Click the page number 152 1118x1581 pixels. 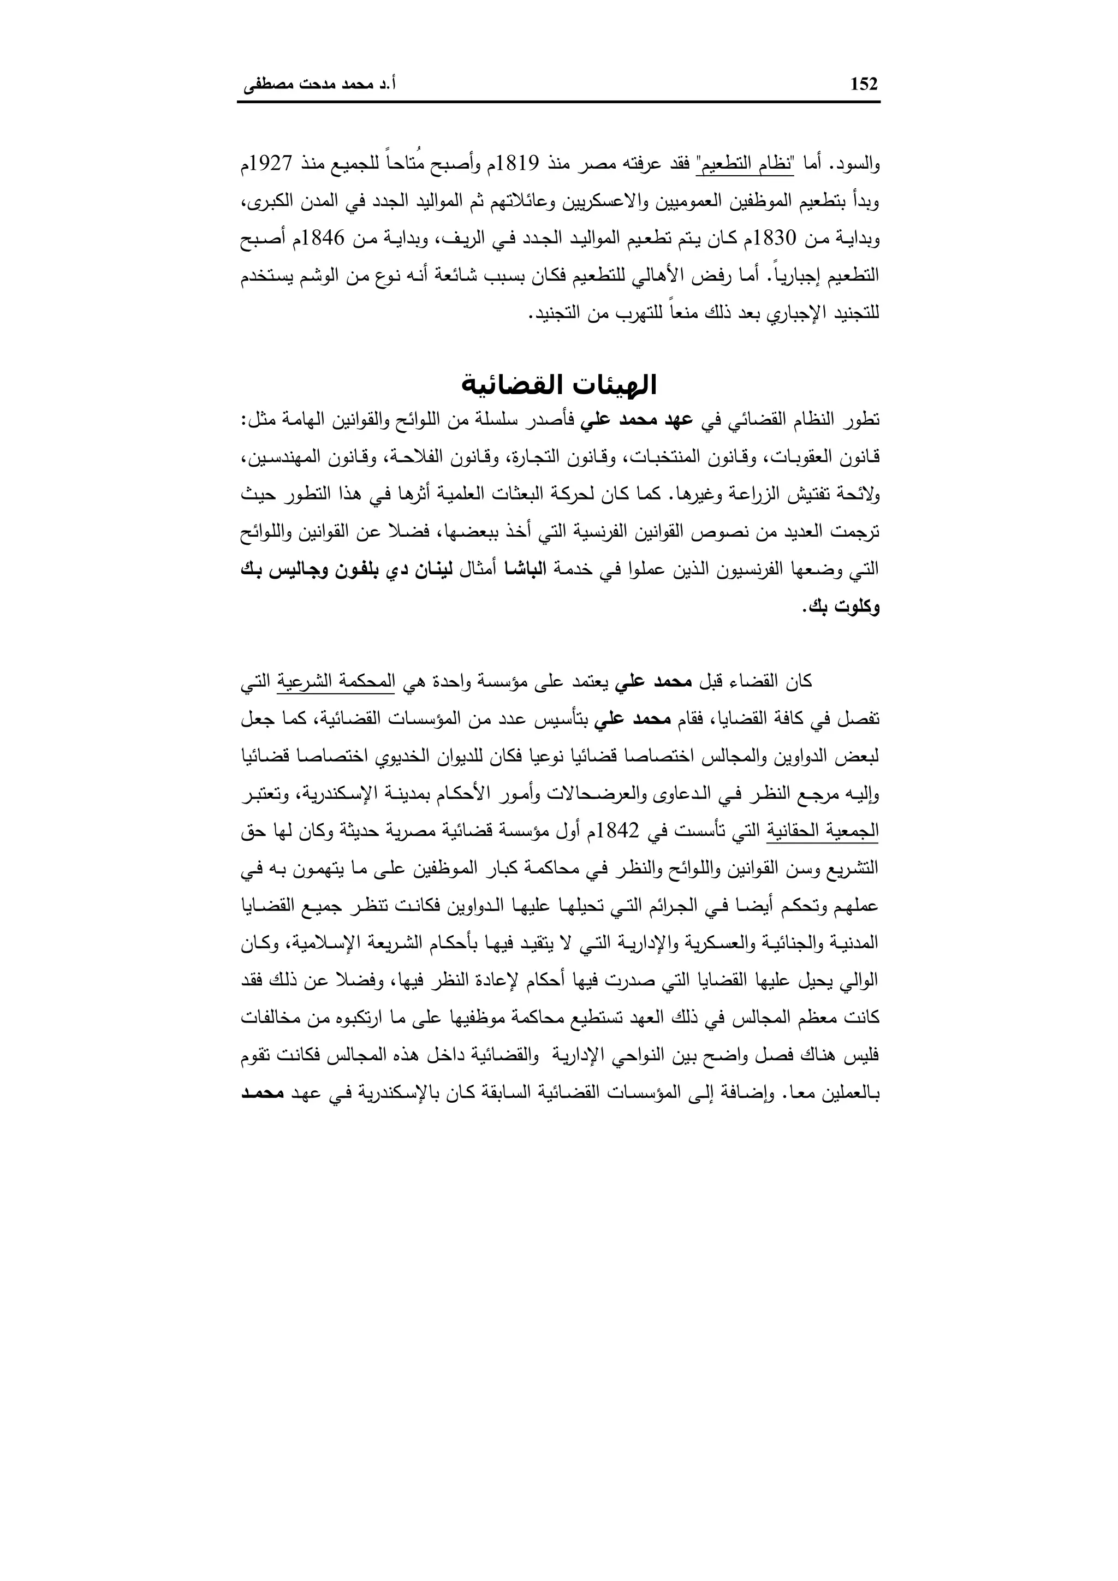pos(864,84)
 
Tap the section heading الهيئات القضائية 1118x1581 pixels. pos(558,385)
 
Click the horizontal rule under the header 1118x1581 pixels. pos(558,103)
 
